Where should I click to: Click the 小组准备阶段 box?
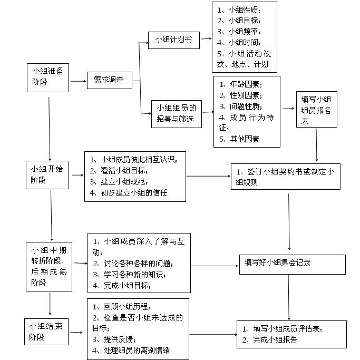(48, 77)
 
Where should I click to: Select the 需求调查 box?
(110, 80)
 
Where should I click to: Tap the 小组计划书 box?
(174, 40)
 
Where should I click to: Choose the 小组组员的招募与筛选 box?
(177, 114)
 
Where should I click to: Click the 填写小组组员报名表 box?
(317, 109)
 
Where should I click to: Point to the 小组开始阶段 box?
(47, 175)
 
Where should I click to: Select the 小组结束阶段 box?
(46, 332)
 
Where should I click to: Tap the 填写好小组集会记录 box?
(293, 265)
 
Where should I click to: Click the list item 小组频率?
(239, 32)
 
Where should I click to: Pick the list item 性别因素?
(241, 95)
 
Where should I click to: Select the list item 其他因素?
(239, 139)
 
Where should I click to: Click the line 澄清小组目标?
(119, 171)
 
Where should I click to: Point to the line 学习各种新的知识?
(129, 275)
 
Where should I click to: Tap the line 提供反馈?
(114, 339)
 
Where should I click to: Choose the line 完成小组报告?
(270, 339)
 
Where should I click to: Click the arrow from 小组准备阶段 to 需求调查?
(79, 81)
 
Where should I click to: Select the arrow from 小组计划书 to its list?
(207, 39)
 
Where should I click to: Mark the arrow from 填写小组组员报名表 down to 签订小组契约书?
(316, 145)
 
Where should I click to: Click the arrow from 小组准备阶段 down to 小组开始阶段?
(50, 129)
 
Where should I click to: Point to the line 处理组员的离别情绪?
(131, 351)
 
